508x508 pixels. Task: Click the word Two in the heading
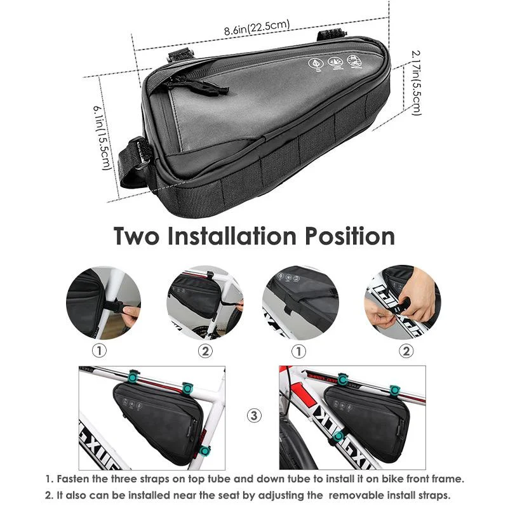140,236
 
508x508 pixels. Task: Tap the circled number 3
254,416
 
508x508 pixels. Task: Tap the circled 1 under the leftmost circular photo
102,350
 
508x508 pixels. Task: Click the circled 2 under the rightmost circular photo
404,350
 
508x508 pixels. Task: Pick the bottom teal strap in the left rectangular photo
205,450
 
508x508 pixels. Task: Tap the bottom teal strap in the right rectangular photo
339,436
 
